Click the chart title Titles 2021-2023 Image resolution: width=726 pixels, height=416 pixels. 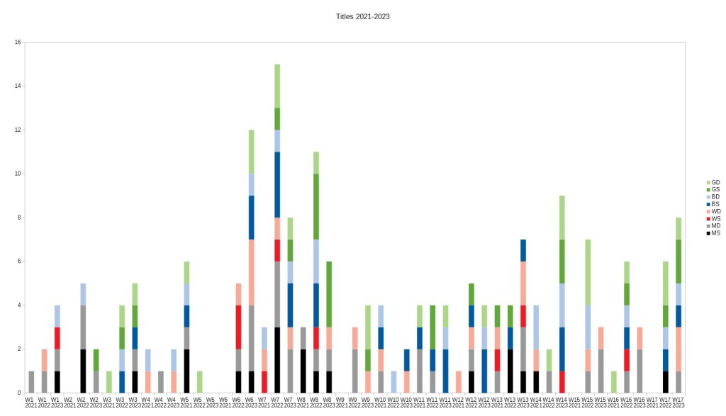tap(362, 16)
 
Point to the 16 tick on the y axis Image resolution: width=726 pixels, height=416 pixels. tap(18, 43)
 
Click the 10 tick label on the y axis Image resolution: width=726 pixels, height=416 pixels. tap(18, 174)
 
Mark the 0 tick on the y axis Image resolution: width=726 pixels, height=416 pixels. tap(19, 393)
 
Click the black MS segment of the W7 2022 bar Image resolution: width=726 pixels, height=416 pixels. tap(277, 360)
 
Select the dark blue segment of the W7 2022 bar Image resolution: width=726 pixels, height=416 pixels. tap(277, 184)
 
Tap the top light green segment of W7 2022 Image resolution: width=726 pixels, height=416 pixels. tap(277, 86)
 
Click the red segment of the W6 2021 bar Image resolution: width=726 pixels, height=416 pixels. tap(238, 327)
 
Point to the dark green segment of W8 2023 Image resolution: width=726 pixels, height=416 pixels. tap(328, 294)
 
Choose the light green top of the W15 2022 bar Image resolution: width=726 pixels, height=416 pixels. tap(588, 272)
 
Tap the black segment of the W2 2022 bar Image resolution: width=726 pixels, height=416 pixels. tap(83, 371)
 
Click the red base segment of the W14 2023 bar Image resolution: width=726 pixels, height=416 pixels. tap(562, 381)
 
